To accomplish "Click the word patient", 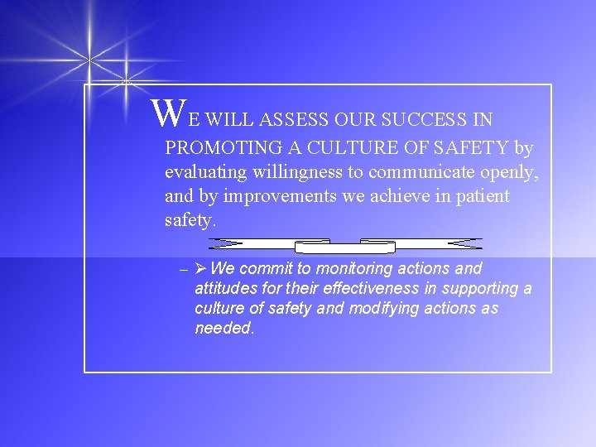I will click(483, 197).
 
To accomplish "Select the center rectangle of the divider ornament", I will click(345, 246).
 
